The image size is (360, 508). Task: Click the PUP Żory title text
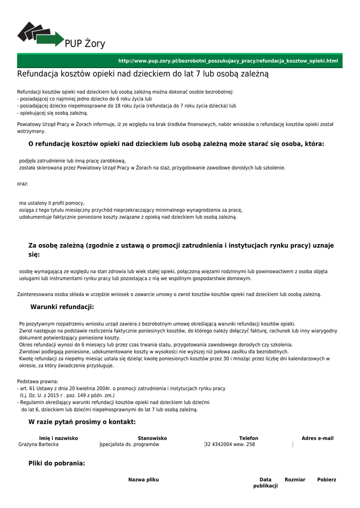point(85,44)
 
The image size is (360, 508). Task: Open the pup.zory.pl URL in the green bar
point(228,61)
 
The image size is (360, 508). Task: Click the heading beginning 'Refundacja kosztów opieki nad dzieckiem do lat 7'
point(143,74)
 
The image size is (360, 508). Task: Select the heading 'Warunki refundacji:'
point(62,307)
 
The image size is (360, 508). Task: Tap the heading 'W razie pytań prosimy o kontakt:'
point(82,422)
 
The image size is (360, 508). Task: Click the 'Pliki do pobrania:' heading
point(57,463)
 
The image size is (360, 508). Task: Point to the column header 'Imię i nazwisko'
point(59,439)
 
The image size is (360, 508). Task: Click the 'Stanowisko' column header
point(152,439)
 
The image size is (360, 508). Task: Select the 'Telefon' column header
point(248,439)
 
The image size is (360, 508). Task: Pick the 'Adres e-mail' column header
point(317,439)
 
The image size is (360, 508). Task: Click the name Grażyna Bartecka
point(38,444)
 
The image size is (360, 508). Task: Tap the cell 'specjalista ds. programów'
point(130,444)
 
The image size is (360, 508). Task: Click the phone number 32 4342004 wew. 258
point(230,444)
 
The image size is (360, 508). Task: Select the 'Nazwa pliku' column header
point(144,480)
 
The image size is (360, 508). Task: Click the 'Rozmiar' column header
point(295,480)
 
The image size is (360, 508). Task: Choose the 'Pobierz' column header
point(327,480)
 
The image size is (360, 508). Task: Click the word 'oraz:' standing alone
point(23,184)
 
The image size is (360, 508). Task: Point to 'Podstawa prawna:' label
point(38,381)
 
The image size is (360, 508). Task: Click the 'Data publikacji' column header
point(265,483)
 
